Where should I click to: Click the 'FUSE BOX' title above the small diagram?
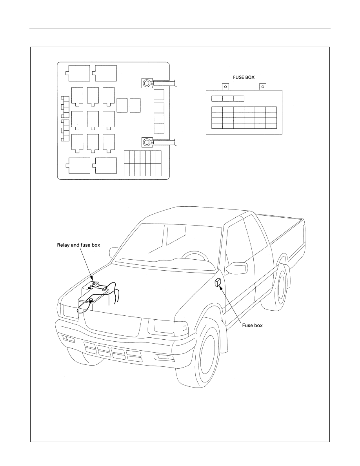[243, 77]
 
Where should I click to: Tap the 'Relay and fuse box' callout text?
[78, 245]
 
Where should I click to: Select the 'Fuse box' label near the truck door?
[252, 326]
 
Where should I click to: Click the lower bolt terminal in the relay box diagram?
[147, 142]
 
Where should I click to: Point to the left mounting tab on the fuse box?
[225, 87]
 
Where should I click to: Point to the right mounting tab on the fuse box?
[263, 87]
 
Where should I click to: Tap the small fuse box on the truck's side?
[217, 283]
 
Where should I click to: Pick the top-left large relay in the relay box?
[78, 73]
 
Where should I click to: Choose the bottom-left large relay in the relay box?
[78, 166]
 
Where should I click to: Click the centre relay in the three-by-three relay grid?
[93, 120]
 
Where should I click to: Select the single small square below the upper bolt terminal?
[159, 95]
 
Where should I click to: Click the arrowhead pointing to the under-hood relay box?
[92, 279]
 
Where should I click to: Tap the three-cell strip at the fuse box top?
[228, 99]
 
